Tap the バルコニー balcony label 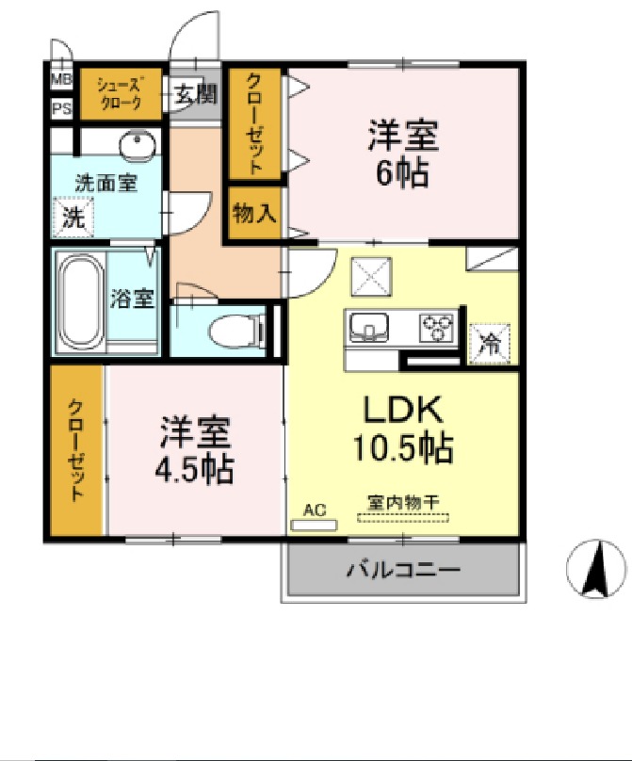pyautogui.click(x=402, y=570)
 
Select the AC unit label pyautogui.click(x=315, y=510)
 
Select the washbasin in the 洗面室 pyautogui.click(x=138, y=144)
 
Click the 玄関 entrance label pyautogui.click(x=195, y=93)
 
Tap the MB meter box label pyautogui.click(x=61, y=79)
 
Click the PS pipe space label pyautogui.click(x=61, y=108)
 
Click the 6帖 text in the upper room pyautogui.click(x=402, y=172)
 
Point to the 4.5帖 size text pyautogui.click(x=196, y=468)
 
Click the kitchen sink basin pyautogui.click(x=369, y=328)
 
